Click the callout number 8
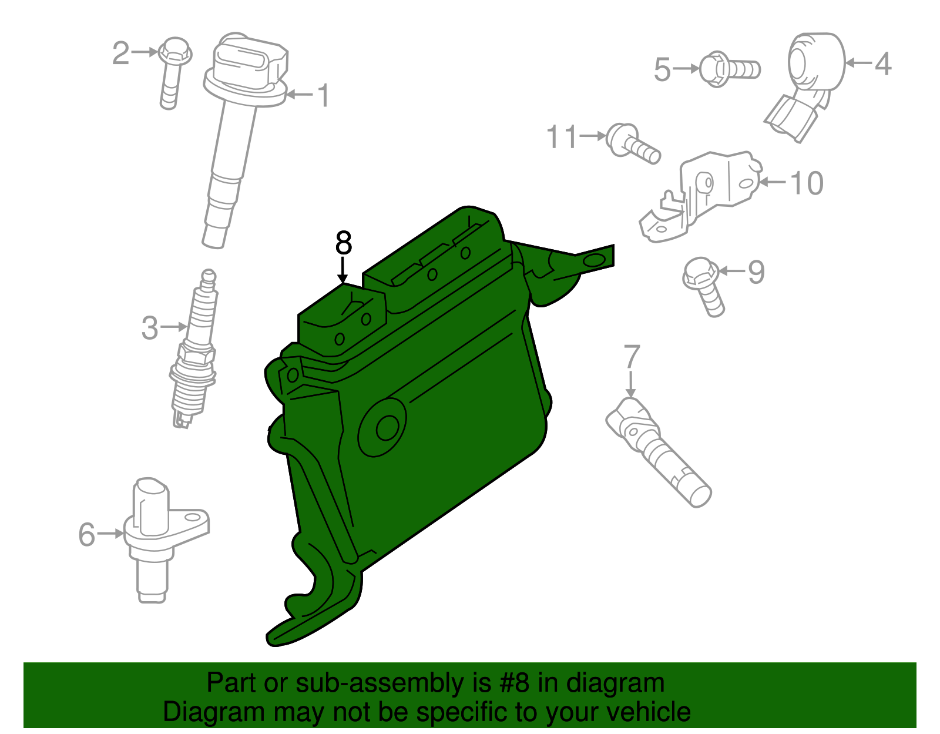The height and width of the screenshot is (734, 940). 343,243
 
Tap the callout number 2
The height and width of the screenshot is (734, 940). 120,53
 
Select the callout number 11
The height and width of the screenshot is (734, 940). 562,137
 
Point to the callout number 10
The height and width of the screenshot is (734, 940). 807,183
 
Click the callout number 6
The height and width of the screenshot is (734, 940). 86,535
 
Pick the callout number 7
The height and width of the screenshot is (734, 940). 631,357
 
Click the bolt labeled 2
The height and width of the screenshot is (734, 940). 172,71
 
